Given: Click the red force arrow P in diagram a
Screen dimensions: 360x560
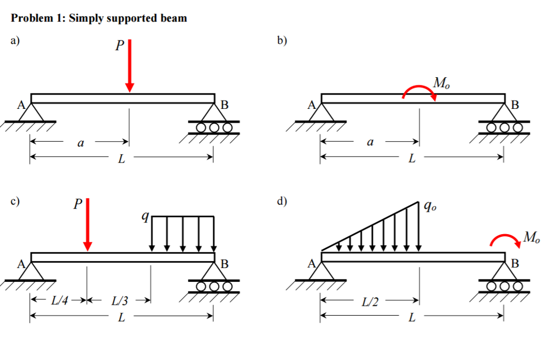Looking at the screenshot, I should (130, 66).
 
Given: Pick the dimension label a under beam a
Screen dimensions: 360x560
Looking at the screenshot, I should (80, 143).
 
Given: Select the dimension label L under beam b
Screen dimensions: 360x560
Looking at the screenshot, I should (412, 159).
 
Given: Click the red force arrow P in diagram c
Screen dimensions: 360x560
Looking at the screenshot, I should (87, 225).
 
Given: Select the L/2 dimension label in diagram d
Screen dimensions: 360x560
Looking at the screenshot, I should (370, 302).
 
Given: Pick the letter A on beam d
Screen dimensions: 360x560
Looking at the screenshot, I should (312, 264).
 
